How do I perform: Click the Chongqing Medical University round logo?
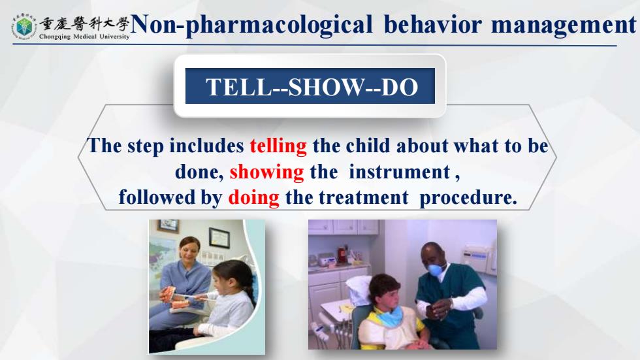tap(24, 26)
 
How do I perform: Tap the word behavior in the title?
tap(432, 24)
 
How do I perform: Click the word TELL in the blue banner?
tap(239, 87)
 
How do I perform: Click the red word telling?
tap(278, 146)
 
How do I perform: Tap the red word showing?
tap(267, 172)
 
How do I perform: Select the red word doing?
tap(254, 198)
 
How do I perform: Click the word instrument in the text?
tap(400, 172)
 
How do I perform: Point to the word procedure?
tap(468, 198)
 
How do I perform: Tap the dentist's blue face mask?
tap(436, 270)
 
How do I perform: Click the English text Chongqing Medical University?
tap(84, 37)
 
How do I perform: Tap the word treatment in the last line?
tap(364, 198)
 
